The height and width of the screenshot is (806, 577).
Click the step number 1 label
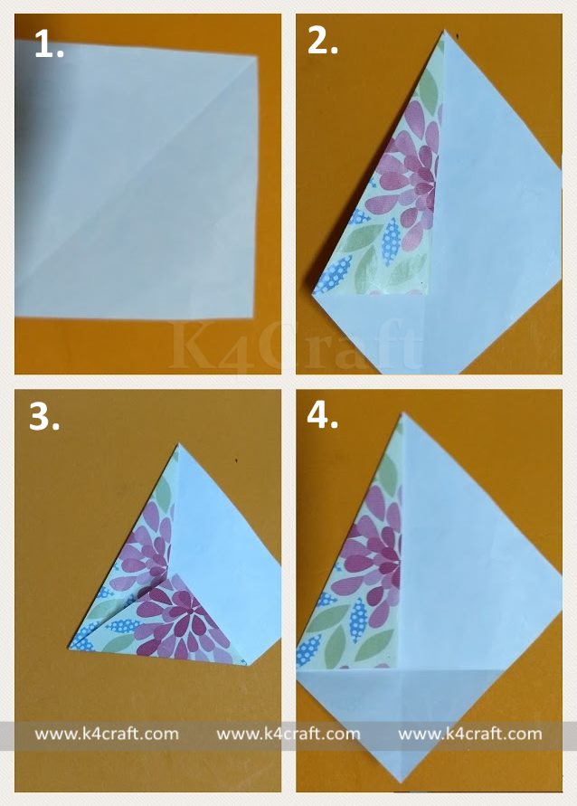tap(50, 44)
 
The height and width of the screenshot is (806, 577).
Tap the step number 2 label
tap(322, 41)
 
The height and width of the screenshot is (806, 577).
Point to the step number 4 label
tap(322, 415)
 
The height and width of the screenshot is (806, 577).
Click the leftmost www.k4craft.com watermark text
tap(107, 734)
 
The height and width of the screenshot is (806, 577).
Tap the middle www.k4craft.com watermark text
tap(288, 734)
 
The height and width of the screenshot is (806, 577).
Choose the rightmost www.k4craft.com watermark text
tap(469, 734)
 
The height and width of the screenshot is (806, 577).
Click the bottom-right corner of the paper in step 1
tap(253, 318)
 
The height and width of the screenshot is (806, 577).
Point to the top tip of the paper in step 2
tap(443, 31)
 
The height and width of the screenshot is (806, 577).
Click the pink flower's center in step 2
tap(425, 180)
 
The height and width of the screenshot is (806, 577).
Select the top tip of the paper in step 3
tap(179, 444)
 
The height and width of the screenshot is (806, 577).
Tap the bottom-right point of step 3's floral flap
tap(248, 665)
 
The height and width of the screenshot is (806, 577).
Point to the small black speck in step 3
tap(236, 460)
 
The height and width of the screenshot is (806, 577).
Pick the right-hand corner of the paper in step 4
tap(562, 596)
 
